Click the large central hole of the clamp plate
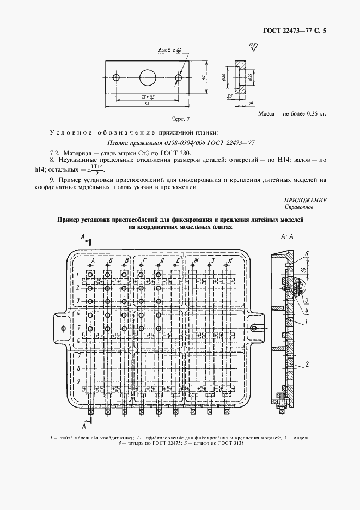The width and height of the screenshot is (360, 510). pos(148,78)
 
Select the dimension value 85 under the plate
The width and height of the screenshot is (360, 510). pos(148,104)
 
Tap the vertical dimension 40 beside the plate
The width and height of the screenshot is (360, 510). pos(203,78)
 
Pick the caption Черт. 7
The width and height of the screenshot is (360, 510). pos(164,119)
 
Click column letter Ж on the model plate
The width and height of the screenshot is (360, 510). pos(194,261)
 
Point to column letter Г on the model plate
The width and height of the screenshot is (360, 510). pos(143,261)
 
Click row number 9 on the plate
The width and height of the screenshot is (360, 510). pos(78,381)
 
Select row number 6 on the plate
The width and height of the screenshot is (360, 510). pos(78,341)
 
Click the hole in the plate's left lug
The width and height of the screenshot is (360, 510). pos(64,328)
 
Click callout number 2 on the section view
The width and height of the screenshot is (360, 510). pos(308,363)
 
